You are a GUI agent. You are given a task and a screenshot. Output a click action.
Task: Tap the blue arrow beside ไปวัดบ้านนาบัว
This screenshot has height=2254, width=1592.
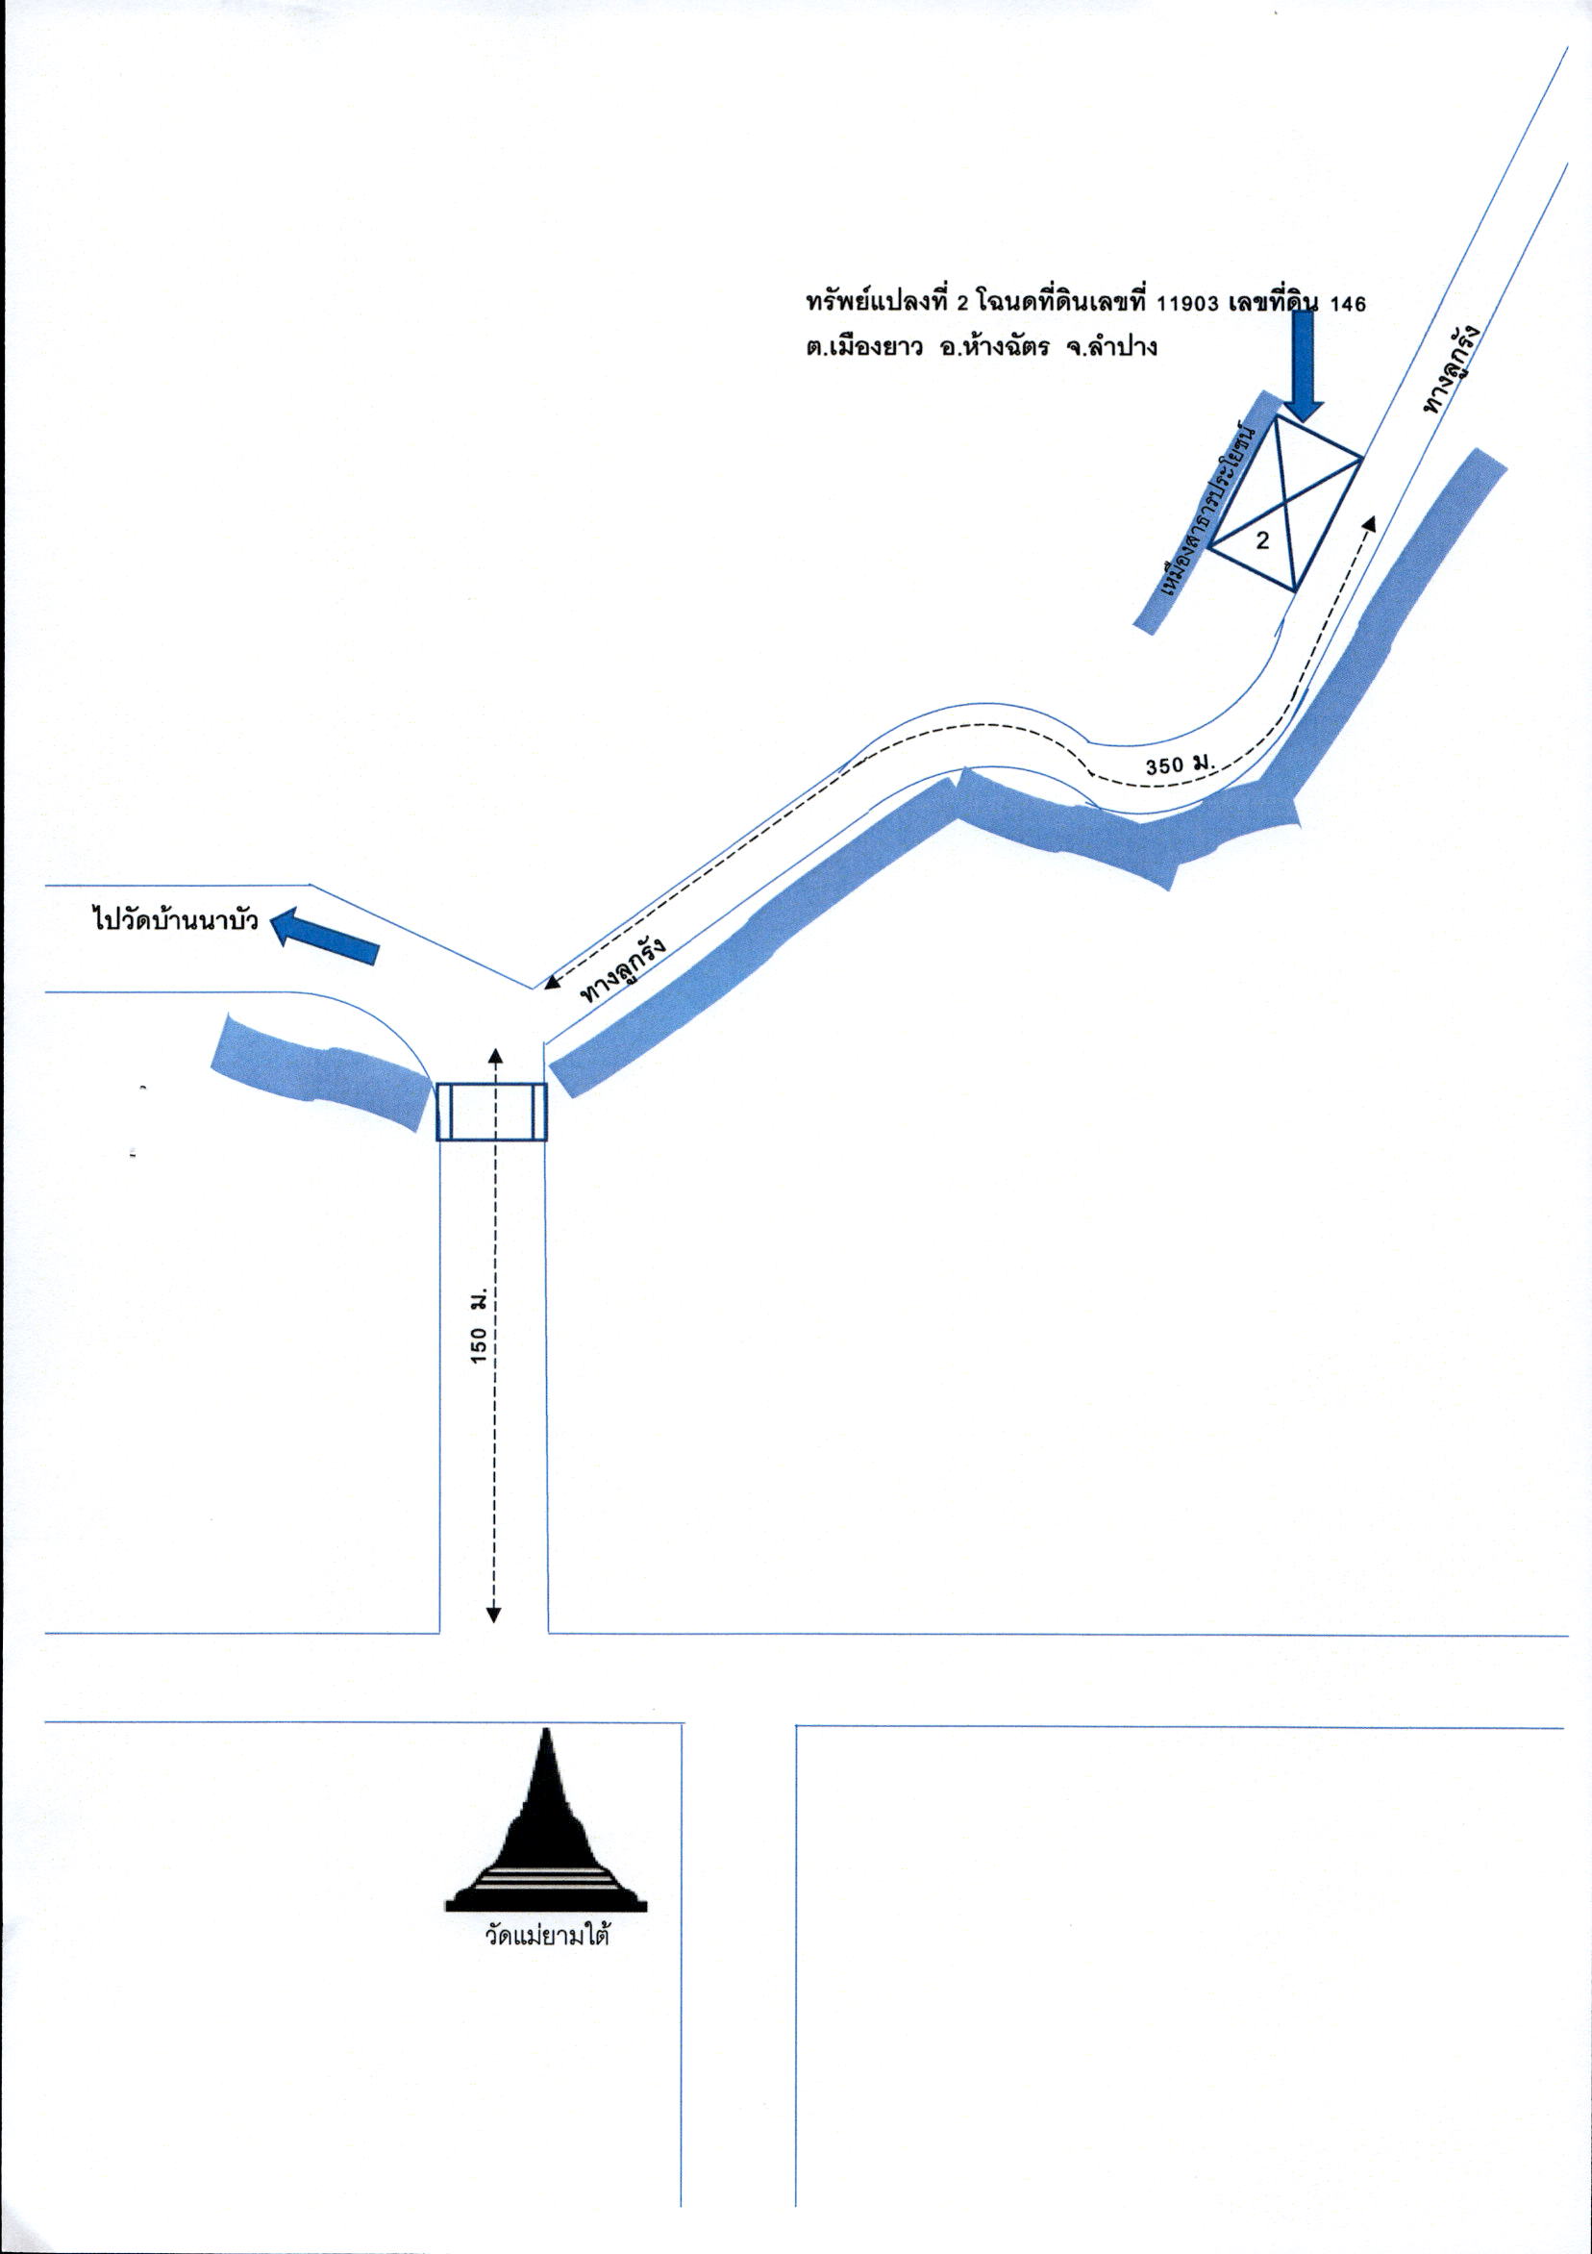[x=324, y=937]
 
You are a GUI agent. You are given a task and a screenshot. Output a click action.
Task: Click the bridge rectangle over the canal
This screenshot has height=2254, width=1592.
[x=490, y=1113]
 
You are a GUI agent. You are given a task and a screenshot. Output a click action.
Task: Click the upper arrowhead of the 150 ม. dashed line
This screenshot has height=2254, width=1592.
[x=494, y=1054]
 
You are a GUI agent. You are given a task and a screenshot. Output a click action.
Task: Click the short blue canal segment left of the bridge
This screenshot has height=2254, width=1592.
[x=324, y=1075]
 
